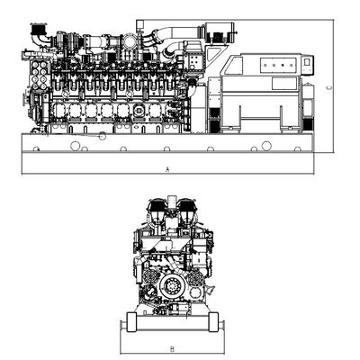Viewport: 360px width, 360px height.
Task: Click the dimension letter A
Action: click(167, 169)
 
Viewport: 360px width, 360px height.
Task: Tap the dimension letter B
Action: click(172, 349)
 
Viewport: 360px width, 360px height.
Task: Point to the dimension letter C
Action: click(329, 88)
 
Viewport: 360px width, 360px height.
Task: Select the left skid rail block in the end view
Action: click(131, 322)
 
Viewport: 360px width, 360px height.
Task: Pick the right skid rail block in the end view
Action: click(213, 322)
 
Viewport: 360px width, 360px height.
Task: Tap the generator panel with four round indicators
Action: click(278, 66)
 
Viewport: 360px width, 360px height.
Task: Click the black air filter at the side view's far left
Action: click(38, 29)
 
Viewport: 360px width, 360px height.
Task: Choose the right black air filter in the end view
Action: click(187, 206)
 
